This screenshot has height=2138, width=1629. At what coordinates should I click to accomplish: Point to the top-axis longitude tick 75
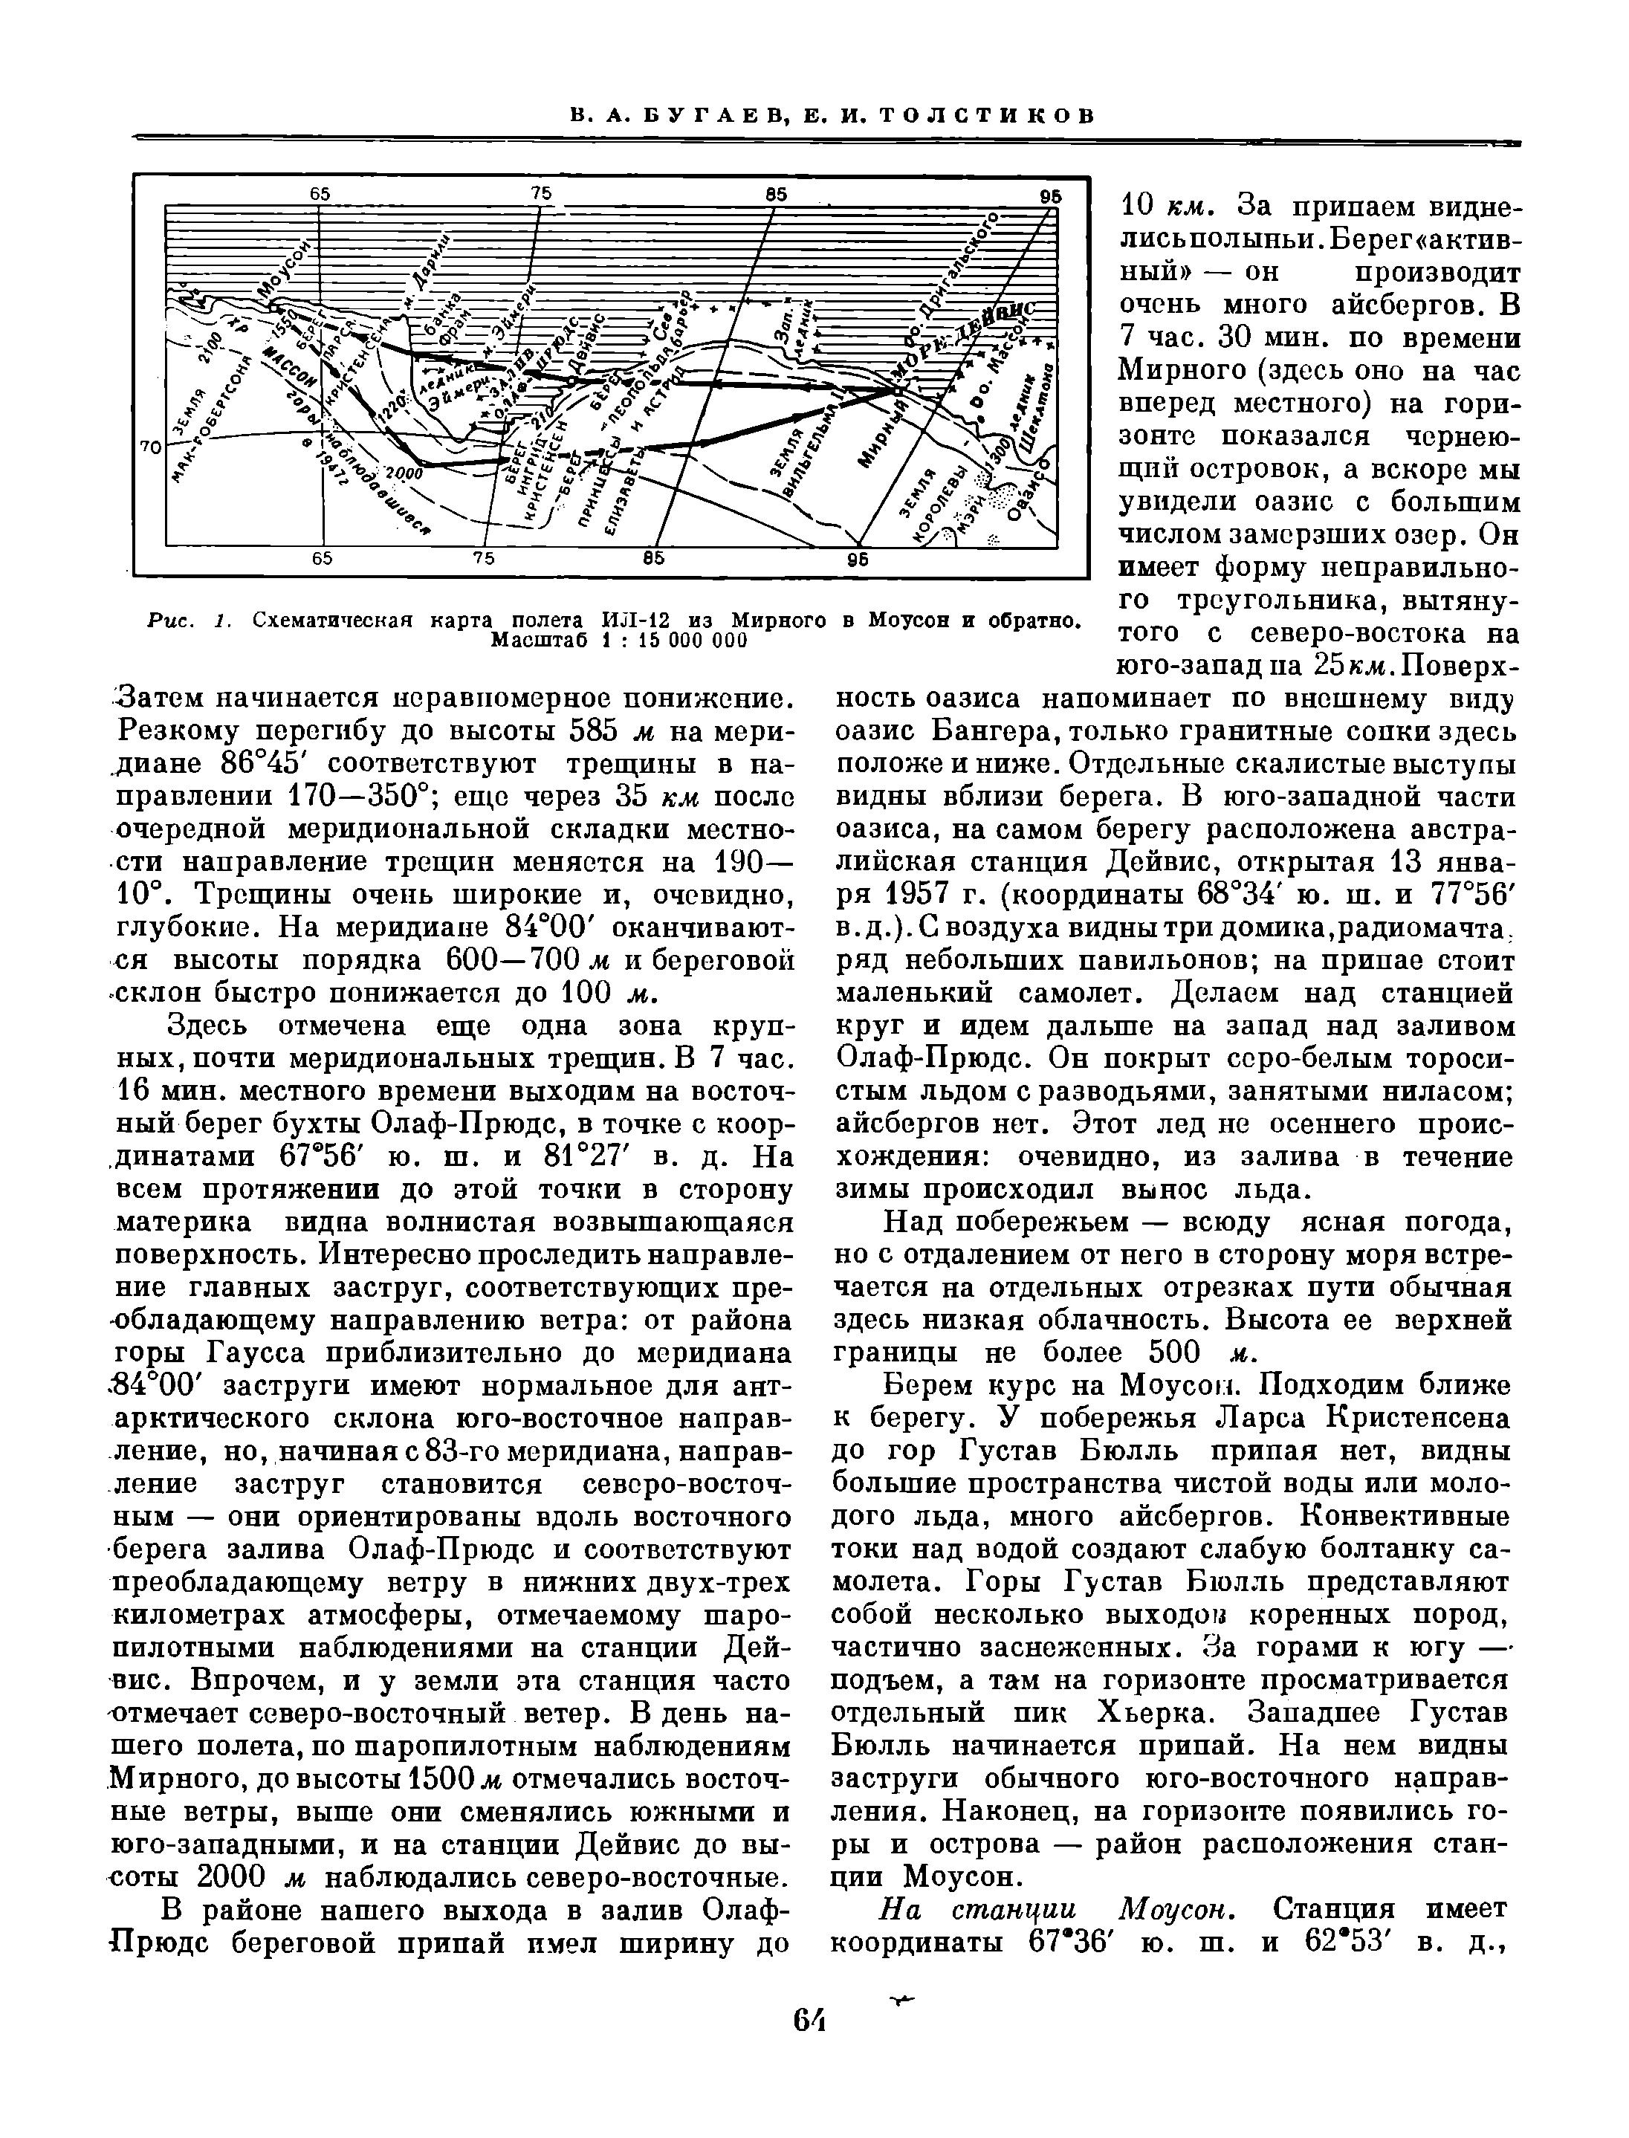[x=541, y=193]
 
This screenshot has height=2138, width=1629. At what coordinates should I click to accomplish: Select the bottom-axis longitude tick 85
[x=652, y=559]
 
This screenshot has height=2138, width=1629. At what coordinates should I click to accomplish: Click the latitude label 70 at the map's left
[x=150, y=447]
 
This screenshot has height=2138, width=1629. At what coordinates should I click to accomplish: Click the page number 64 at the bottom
[x=807, y=2020]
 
